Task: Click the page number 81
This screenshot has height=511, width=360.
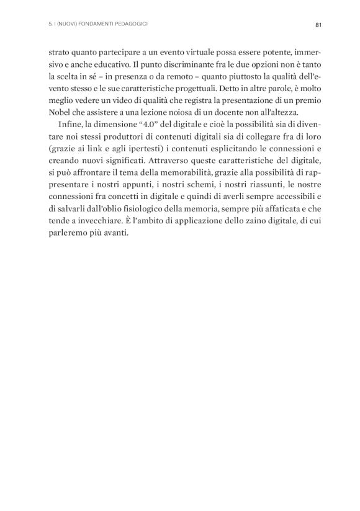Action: click(318, 25)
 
